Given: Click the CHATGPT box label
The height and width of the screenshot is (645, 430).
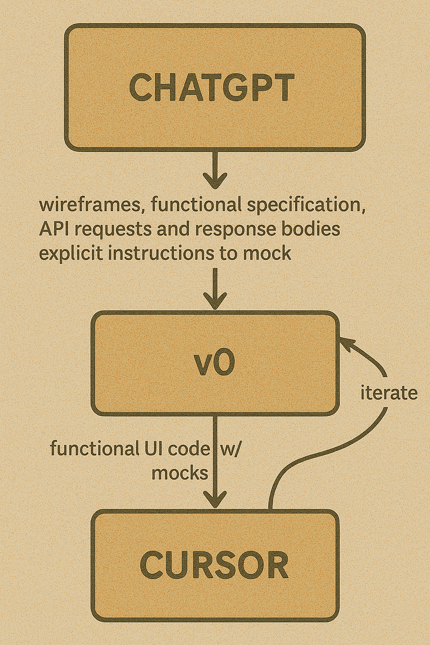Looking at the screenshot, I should click(x=212, y=87).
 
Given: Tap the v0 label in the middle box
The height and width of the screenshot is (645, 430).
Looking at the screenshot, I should click(x=215, y=364).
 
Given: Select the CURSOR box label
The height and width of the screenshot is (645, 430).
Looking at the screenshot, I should click(x=214, y=564).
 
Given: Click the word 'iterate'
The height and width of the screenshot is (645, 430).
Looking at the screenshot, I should click(x=389, y=393).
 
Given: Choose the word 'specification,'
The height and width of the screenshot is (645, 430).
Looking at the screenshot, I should click(x=306, y=205).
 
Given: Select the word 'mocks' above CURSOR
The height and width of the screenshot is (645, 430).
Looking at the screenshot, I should click(x=180, y=473).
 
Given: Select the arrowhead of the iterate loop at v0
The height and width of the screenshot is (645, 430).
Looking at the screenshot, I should click(x=345, y=342).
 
